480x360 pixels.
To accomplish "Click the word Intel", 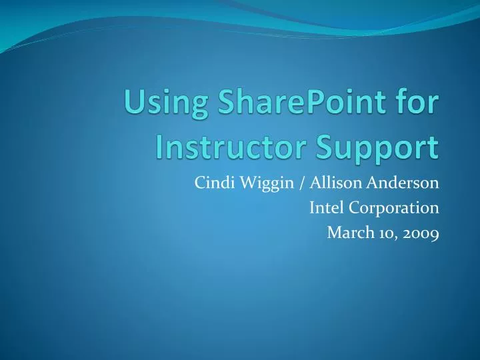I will pyautogui.click(x=325, y=208).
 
